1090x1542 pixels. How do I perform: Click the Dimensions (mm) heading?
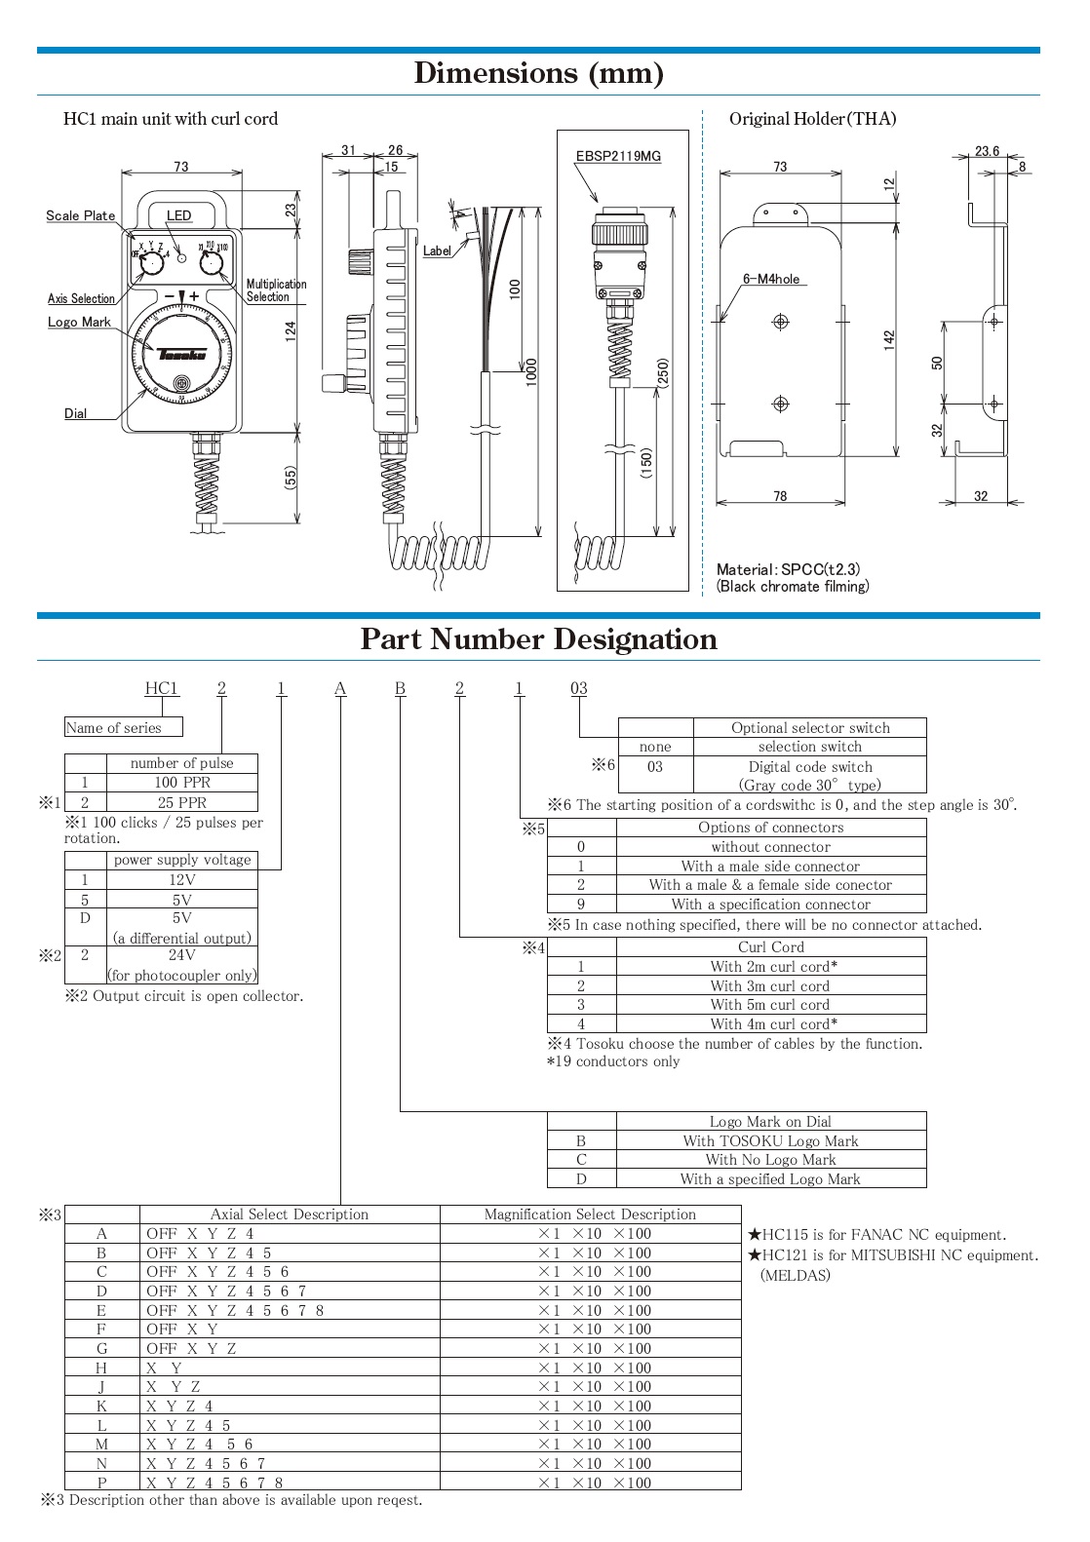pyautogui.click(x=538, y=73)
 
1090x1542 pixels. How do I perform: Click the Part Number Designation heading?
pyautogui.click(x=538, y=639)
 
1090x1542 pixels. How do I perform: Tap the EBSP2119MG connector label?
pyautogui.click(x=618, y=156)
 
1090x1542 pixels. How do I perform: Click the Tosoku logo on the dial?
pyautogui.click(x=182, y=354)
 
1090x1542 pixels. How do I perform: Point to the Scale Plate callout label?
pyautogui.click(x=80, y=215)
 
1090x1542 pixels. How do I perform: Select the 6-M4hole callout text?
pyautogui.click(x=770, y=279)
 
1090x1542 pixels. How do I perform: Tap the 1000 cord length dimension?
pyautogui.click(x=531, y=371)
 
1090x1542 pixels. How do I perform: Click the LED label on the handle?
pyautogui.click(x=178, y=215)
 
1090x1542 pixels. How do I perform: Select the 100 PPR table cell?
pyautogui.click(x=181, y=783)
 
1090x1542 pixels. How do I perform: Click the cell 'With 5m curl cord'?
pyautogui.click(x=770, y=1005)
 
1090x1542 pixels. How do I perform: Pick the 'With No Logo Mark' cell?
pyautogui.click(x=770, y=1160)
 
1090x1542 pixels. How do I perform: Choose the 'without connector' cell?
pyautogui.click(x=770, y=847)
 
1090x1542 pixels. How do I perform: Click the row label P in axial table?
pyautogui.click(x=101, y=1483)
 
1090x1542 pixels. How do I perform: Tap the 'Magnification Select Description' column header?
pyautogui.click(x=590, y=1214)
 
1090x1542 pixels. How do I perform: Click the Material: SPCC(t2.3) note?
pyautogui.click(x=788, y=569)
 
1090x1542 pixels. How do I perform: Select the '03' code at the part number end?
pyautogui.click(x=578, y=688)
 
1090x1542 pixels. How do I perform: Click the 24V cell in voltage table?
pyautogui.click(x=181, y=955)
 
